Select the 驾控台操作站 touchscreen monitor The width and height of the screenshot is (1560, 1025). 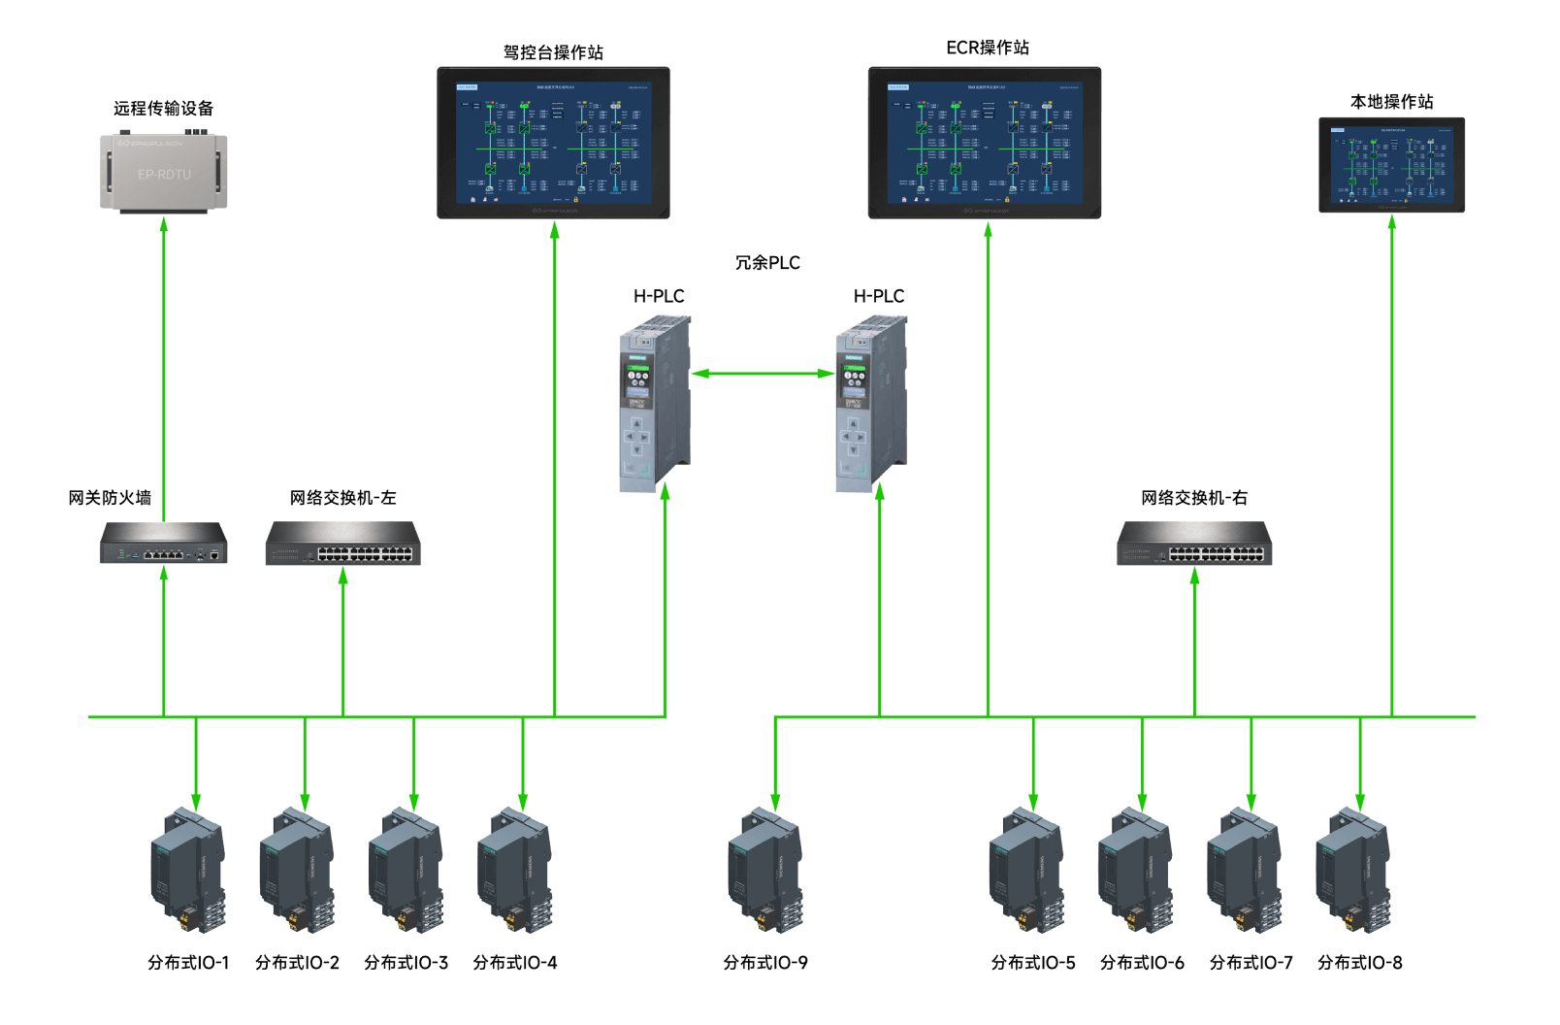553,143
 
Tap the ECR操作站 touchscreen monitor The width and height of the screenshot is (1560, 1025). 984,143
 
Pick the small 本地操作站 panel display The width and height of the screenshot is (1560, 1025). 1391,165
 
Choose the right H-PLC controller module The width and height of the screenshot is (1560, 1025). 871,403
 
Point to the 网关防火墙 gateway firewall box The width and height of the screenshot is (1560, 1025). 164,544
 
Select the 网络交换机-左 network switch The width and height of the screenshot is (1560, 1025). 342,544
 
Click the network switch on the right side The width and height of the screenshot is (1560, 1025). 1194,544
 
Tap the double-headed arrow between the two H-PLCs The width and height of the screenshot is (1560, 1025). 763,374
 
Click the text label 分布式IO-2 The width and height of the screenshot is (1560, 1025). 297,963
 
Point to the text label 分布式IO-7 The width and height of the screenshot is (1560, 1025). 1251,963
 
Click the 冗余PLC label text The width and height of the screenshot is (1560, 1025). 767,263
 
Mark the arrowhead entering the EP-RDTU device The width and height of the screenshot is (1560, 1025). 164,223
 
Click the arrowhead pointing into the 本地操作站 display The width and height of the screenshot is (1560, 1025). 1392,222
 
